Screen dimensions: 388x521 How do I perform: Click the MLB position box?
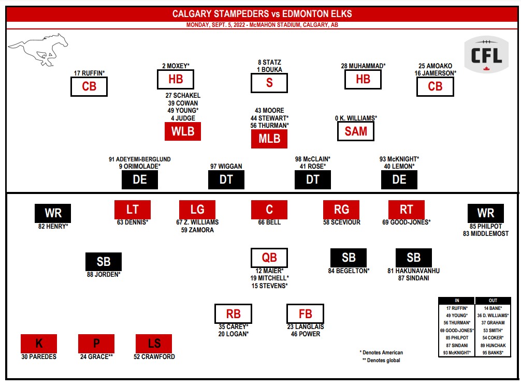[269, 139]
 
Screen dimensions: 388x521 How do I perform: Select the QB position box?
[269, 258]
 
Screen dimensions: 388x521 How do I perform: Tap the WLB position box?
[183, 131]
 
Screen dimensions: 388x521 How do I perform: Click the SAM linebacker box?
[356, 131]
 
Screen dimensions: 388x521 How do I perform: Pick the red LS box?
[154, 343]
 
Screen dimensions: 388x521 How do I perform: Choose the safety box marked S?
[269, 83]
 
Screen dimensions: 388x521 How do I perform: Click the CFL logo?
[486, 54]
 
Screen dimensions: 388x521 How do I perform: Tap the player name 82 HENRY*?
[53, 227]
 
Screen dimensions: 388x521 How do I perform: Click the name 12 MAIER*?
[269, 271]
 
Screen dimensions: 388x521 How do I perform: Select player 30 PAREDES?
[39, 356]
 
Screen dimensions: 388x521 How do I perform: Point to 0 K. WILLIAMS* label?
[356, 118]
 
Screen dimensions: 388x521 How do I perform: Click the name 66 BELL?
[269, 222]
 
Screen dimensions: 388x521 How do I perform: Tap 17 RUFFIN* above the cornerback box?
[89, 73]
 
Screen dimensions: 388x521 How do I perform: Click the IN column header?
[456, 301]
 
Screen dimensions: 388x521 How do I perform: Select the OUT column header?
[493, 301]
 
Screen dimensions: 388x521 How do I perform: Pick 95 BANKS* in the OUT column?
[493, 353]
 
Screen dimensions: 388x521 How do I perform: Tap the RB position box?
[234, 314]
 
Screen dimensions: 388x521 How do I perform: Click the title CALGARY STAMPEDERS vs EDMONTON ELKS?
[262, 14]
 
